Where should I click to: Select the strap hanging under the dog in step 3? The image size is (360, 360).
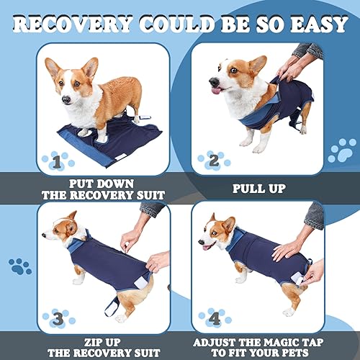113,301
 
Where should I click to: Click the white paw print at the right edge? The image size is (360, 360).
342,150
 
